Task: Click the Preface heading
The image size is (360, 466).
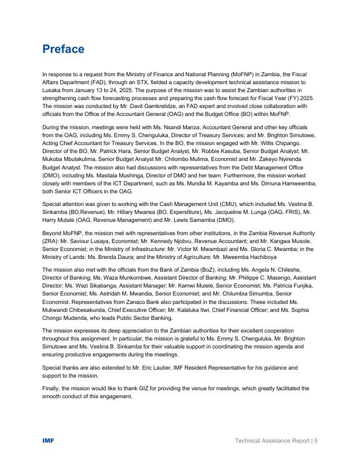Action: [x=63, y=49]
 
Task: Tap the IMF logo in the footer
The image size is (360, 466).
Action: [x=48, y=441]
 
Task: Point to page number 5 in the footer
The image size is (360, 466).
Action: [x=316, y=441]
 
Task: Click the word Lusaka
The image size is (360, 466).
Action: [x=51, y=91]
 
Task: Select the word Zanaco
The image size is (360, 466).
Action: [x=136, y=302]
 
